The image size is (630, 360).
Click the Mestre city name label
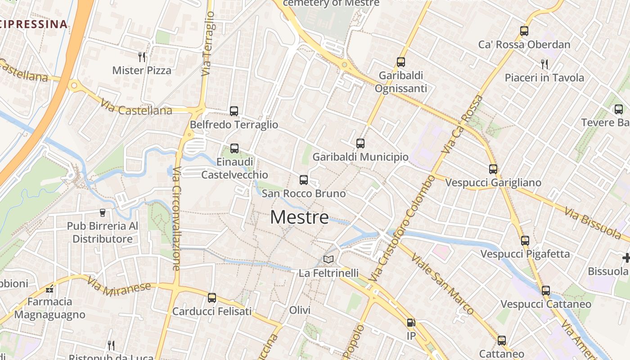pyautogui.click(x=299, y=218)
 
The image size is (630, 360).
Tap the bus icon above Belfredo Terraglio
pyautogui.click(x=234, y=111)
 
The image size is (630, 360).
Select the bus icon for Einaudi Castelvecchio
pyautogui.click(x=234, y=148)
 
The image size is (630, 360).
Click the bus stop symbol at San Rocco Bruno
pyautogui.click(x=304, y=180)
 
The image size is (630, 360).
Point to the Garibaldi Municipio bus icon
pyautogui.click(x=360, y=144)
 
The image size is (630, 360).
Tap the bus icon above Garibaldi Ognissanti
pyautogui.click(x=400, y=62)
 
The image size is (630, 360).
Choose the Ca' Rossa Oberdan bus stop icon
pyautogui.click(x=524, y=31)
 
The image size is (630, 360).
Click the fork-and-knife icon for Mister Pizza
pyautogui.click(x=142, y=57)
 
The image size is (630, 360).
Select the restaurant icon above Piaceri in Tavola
pyautogui.click(x=544, y=64)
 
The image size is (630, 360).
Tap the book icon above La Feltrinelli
pyautogui.click(x=328, y=260)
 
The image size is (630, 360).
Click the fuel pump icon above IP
pyautogui.click(x=410, y=323)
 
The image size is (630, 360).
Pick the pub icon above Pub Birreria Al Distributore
pyautogui.click(x=103, y=212)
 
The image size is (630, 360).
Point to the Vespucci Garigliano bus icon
pyautogui.click(x=493, y=169)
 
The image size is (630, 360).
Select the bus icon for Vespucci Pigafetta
pyautogui.click(x=525, y=240)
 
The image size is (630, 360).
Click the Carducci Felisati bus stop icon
pyautogui.click(x=211, y=298)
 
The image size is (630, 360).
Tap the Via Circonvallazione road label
pyautogui.click(x=176, y=219)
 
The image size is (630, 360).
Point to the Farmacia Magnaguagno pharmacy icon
pyautogui.click(x=49, y=288)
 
